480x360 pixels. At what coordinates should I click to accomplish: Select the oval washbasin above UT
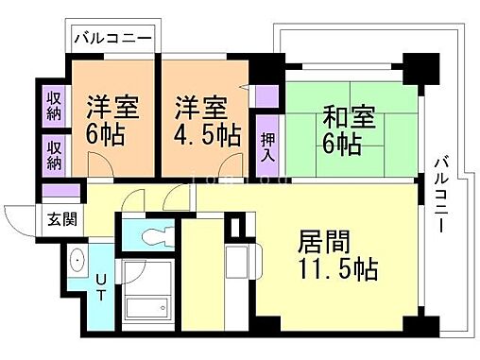[77, 262]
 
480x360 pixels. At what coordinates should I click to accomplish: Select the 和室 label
[351, 119]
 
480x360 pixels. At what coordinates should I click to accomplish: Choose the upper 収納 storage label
[54, 106]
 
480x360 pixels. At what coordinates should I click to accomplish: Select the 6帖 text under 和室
[340, 145]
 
